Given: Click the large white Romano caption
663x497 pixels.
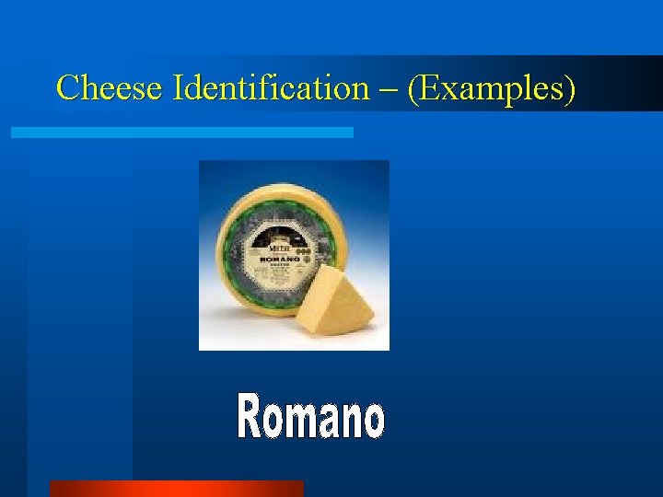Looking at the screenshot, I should click(310, 416).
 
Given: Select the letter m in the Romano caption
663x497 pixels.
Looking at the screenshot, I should click(308, 421).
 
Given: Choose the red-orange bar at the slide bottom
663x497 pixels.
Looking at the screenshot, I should click(176, 489).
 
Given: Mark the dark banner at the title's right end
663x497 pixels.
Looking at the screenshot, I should click(626, 85).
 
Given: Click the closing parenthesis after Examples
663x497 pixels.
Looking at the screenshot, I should click(571, 89).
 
